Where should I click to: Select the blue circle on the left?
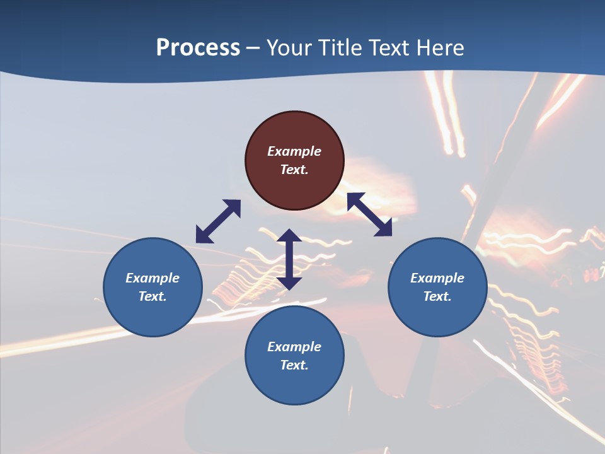point(153,287)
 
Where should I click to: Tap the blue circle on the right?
point(437,287)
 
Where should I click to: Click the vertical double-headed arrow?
point(289,259)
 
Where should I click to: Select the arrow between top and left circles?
point(218,221)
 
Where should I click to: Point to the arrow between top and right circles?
point(369,214)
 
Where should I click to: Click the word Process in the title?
point(198,47)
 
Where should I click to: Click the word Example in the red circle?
point(294,151)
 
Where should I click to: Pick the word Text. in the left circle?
point(153,296)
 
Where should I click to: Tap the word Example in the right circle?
point(437,278)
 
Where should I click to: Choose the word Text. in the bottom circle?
point(294,365)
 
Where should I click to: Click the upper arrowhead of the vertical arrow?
point(289,236)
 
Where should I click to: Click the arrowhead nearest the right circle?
point(384,229)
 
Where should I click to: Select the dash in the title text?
point(253,48)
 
